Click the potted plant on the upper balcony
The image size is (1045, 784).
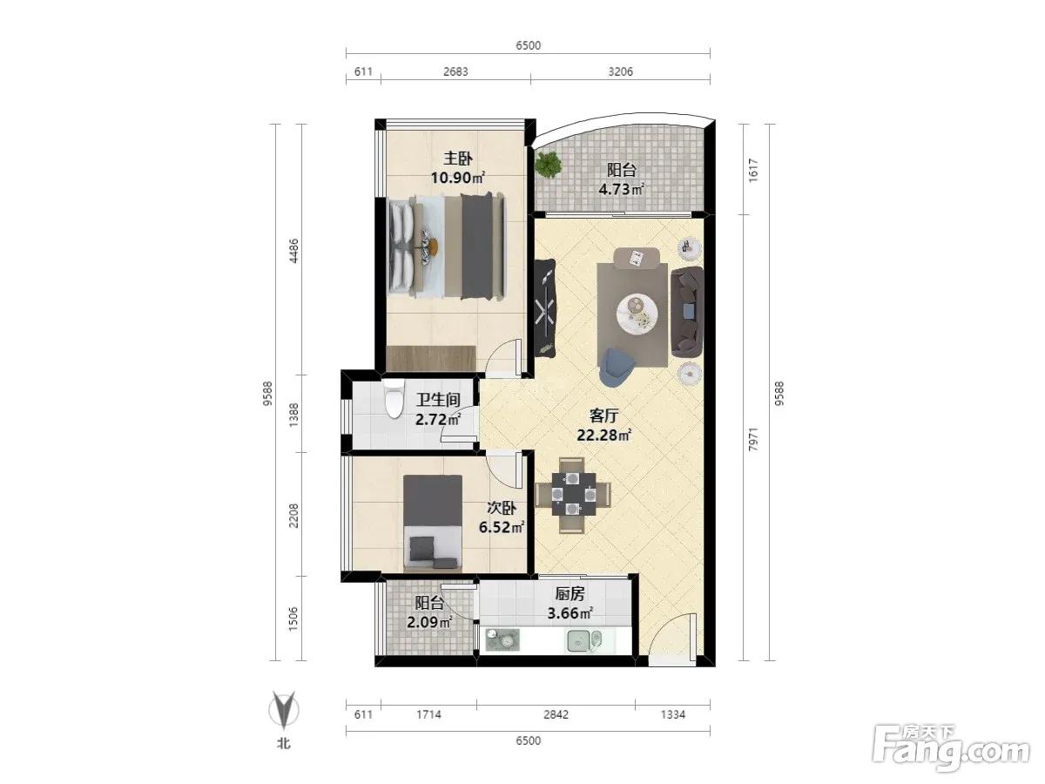548,165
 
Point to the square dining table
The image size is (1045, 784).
573,494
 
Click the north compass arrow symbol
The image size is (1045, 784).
284,710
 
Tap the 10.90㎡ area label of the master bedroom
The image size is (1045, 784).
457,178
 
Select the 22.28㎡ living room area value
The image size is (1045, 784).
603,435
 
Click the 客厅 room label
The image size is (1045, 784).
603,416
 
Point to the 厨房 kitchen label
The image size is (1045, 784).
570,593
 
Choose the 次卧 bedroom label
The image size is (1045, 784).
502,508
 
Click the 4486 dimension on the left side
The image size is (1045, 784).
293,250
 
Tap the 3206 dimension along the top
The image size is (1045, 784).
620,71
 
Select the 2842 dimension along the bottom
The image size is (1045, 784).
556,714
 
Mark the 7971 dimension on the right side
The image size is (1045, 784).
752,439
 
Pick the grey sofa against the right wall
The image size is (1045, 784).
687,312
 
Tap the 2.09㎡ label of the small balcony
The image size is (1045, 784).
429,622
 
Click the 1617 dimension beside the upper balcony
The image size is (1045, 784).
752,170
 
